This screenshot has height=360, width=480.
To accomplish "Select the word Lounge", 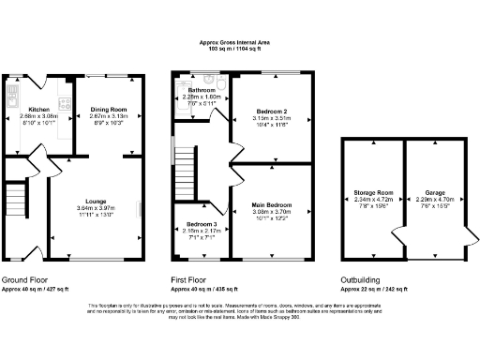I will [x=95, y=201].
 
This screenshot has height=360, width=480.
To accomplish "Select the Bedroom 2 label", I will [x=271, y=112].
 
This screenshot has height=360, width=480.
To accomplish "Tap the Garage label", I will [x=434, y=190].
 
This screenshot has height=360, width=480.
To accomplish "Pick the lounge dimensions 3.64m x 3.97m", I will [x=95, y=207].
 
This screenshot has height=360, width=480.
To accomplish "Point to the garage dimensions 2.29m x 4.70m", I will [x=434, y=197].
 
